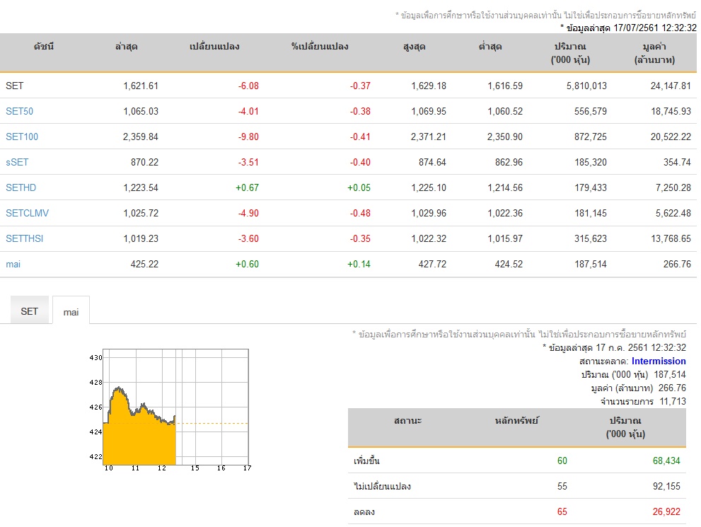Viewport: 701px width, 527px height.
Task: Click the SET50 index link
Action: pos(19,111)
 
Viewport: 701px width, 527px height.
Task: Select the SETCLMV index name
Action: pos(28,213)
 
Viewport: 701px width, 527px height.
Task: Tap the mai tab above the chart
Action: pos(71,312)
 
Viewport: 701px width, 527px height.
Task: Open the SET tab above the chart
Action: pos(30,311)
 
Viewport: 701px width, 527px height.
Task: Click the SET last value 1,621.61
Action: pos(141,86)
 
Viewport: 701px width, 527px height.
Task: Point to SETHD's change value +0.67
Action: pos(248,187)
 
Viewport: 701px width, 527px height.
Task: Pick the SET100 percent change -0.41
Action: pos(360,137)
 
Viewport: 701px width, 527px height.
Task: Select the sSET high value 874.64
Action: pos(432,162)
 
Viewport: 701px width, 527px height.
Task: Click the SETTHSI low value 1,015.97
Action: pos(505,238)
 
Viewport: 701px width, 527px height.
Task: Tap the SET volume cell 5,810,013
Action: pos(586,86)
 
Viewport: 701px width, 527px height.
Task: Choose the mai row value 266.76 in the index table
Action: pos(677,264)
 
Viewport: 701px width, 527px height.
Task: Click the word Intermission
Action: pos(659,361)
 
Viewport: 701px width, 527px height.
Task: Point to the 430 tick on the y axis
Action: pos(96,358)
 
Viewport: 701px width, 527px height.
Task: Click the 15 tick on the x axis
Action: pos(195,468)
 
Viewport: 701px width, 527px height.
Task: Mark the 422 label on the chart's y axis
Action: pos(96,457)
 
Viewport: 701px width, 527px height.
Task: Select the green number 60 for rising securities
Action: pos(562,461)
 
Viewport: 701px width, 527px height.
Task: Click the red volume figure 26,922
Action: pos(666,512)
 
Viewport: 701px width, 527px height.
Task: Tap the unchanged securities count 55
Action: pos(562,486)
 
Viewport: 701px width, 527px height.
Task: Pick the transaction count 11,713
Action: pos(673,401)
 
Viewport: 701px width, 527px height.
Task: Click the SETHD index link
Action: pos(21,187)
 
